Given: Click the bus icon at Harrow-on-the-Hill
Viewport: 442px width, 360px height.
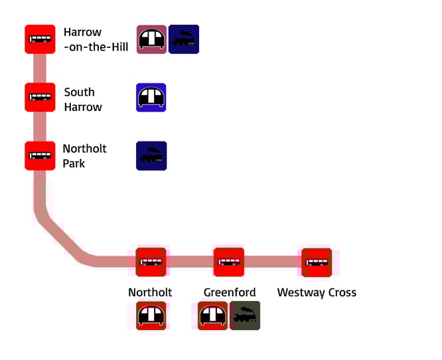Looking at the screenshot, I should coord(40,39).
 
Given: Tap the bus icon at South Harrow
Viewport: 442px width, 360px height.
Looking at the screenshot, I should coord(40,97).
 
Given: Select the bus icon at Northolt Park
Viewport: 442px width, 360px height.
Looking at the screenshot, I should coord(40,155).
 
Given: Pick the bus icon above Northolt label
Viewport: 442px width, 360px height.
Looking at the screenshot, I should coord(151,262).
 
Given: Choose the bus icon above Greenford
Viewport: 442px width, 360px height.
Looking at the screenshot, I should coord(228,262).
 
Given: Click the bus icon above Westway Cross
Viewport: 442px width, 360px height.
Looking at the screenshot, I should coord(317,262).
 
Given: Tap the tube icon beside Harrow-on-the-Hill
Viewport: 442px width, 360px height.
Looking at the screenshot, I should coord(151,40).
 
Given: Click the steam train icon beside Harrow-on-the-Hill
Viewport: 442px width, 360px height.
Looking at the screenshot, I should coord(184,40).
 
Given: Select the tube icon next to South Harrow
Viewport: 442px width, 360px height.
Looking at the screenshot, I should coord(151,98).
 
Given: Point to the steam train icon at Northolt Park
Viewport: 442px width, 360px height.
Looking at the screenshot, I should coord(151,155).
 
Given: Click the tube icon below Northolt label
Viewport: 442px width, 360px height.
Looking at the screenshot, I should coord(151,315).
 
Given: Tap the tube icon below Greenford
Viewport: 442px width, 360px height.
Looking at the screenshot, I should coord(213,315).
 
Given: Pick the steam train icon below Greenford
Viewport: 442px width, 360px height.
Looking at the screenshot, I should coord(246,315).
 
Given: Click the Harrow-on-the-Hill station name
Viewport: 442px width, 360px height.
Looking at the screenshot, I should coord(96,39).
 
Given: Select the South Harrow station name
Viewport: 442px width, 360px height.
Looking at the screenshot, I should coord(83,100).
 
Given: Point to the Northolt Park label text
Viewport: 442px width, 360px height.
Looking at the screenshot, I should coord(84,155).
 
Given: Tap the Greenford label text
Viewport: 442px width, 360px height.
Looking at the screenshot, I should coord(228,292).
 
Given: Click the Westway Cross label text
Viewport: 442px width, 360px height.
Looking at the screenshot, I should coord(317,292).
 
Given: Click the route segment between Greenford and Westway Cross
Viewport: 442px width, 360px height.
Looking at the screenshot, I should coord(273,262).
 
